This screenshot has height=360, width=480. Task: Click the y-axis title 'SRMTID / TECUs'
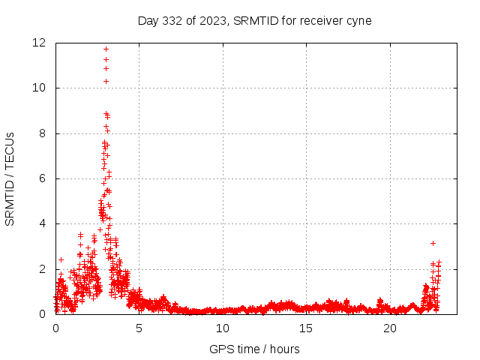click(10, 178)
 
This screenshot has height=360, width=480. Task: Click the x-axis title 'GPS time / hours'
click(254, 349)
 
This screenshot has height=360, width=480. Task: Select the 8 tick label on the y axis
click(44, 133)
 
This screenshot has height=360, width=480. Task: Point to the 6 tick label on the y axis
click(44, 178)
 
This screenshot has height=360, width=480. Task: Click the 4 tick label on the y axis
click(44, 223)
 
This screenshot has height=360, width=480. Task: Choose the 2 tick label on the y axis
click(44, 268)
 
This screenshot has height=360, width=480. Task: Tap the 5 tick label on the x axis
click(139, 328)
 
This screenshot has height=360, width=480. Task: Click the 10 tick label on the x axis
click(223, 328)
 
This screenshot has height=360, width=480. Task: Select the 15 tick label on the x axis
click(306, 328)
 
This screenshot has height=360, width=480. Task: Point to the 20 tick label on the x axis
click(389, 328)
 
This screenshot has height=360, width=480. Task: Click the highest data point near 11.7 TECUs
click(106, 49)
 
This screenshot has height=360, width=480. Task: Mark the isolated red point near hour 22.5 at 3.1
click(433, 243)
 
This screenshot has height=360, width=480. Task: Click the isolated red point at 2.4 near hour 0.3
click(61, 259)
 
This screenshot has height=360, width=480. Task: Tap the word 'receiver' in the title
click(320, 20)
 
